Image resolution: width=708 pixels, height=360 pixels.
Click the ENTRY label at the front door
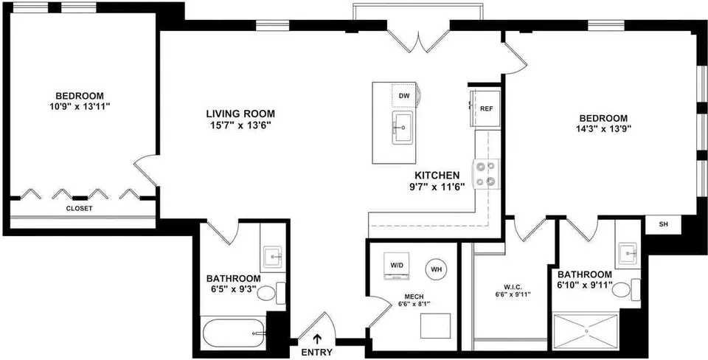click(x=317, y=353)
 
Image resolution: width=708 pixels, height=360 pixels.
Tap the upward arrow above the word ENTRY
click(x=318, y=339)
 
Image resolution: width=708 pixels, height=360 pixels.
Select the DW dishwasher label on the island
click(x=403, y=96)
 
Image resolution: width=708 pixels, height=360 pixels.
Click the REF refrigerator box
click(x=485, y=109)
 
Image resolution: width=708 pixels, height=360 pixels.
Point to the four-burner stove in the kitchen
click(x=486, y=174)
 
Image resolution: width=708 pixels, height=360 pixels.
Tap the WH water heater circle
click(x=436, y=270)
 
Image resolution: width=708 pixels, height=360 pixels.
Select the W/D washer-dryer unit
click(x=397, y=266)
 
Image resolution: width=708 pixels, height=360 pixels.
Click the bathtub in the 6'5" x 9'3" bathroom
click(x=234, y=333)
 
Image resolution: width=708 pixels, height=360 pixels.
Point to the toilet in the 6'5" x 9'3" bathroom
click(x=271, y=293)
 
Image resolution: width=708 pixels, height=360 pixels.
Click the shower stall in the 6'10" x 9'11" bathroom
click(x=586, y=331)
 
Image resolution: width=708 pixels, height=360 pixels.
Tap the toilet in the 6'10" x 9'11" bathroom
click(x=626, y=289)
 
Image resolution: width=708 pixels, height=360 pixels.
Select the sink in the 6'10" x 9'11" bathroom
click(x=628, y=253)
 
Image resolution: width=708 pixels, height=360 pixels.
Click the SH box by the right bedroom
click(x=663, y=225)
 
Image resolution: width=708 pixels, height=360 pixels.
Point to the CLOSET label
click(x=79, y=209)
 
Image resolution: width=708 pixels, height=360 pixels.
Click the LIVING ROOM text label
click(x=240, y=114)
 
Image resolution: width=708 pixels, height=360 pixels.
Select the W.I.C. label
click(x=505, y=285)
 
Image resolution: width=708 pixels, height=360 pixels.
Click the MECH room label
click(x=414, y=297)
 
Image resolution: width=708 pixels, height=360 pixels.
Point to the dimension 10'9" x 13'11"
click(x=80, y=107)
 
